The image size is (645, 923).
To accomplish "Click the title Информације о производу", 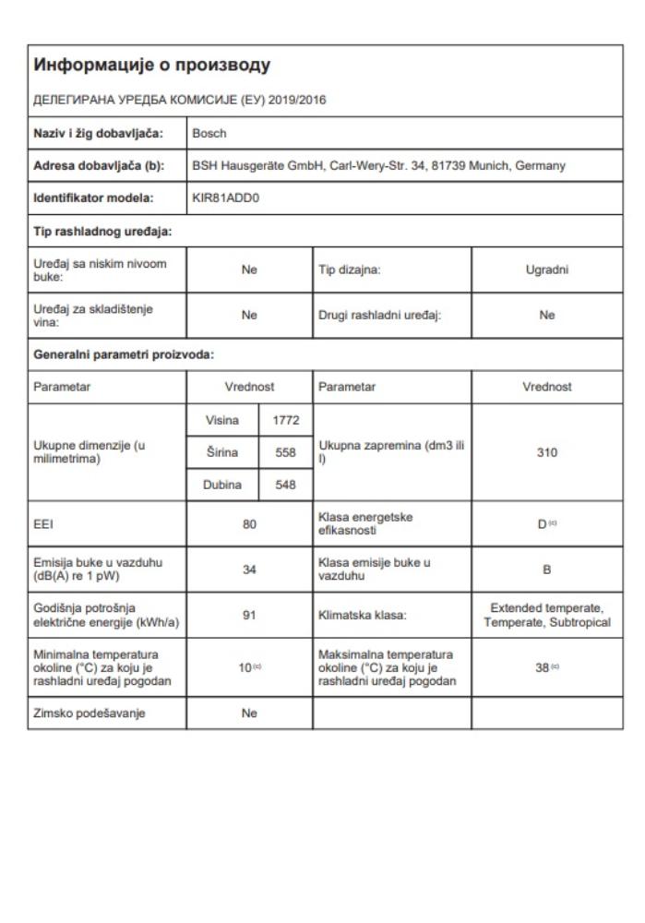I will tap(152, 66).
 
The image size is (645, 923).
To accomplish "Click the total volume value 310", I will tap(547, 452).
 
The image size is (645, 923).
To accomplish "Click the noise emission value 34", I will tap(248, 569).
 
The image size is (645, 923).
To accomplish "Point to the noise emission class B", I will tap(547, 569).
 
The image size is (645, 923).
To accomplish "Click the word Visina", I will tap(222, 420).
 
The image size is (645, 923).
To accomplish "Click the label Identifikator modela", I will tap(90, 197).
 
